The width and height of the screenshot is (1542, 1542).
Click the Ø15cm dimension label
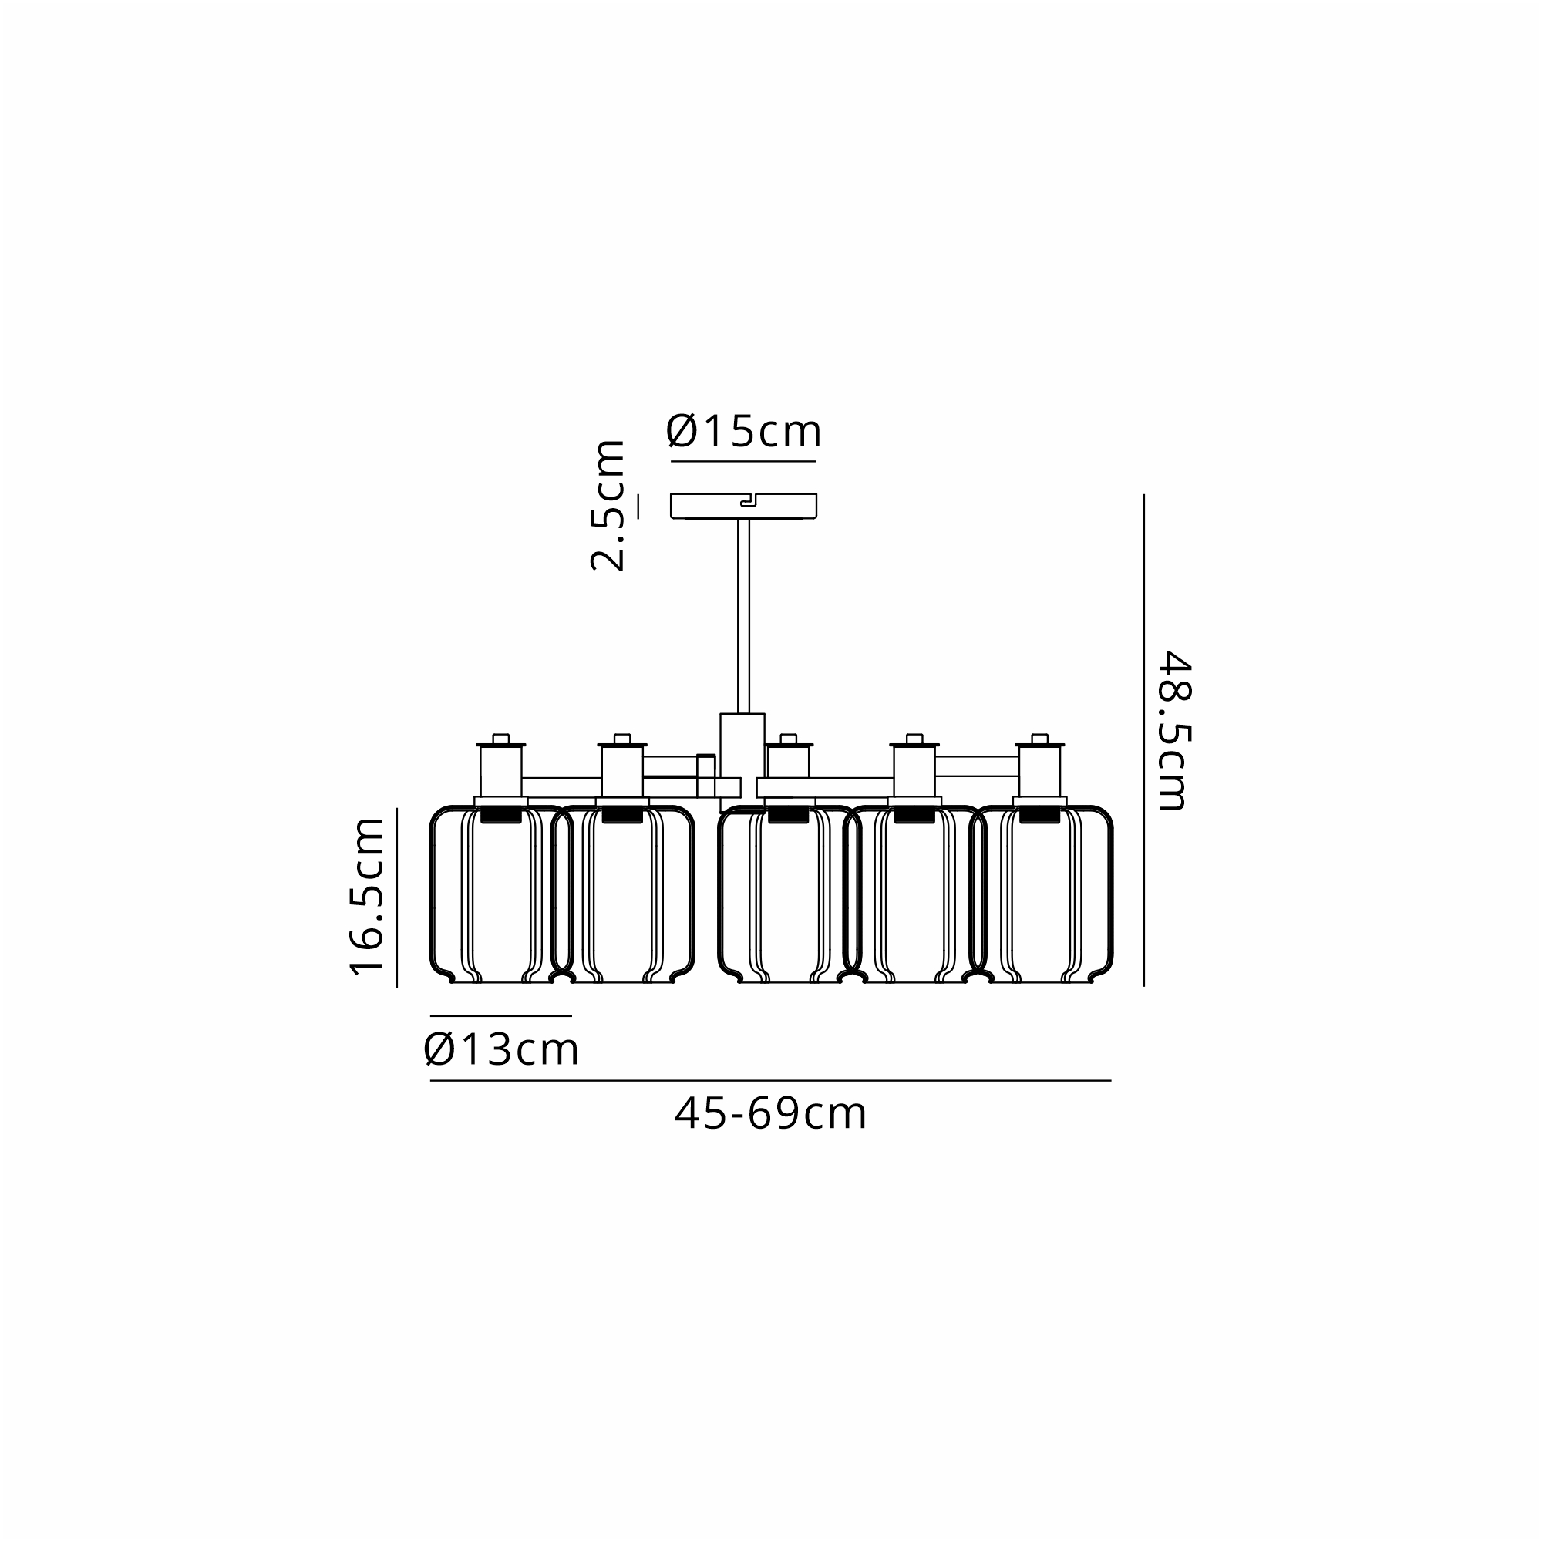pyautogui.click(x=744, y=431)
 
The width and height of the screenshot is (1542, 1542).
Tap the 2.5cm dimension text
pyautogui.click(x=608, y=505)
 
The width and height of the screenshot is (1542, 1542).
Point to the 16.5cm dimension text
pyautogui.click(x=367, y=895)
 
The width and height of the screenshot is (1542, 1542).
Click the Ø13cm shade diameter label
pyautogui.click(x=501, y=1049)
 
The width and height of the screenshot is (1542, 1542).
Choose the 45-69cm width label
pyautogui.click(x=771, y=1113)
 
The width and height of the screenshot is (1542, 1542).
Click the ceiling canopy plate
pyautogui.click(x=743, y=507)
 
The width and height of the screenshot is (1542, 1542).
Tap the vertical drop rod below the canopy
pyautogui.click(x=743, y=616)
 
